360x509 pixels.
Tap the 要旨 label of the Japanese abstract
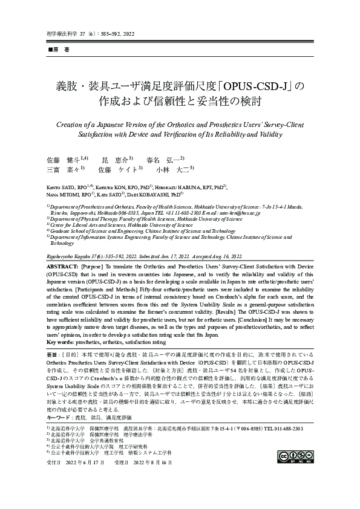[x=53, y=352]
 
